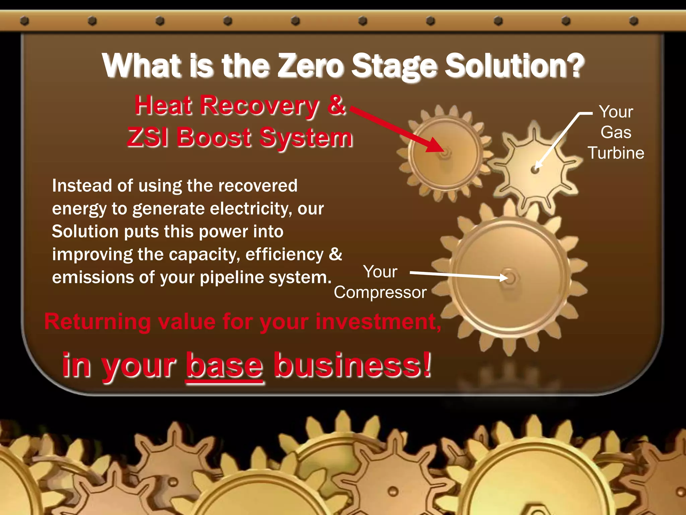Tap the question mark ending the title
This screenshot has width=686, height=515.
click(573, 66)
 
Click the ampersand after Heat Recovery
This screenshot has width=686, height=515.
click(336, 105)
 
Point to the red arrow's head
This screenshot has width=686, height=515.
click(435, 146)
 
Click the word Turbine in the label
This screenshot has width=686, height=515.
click(616, 153)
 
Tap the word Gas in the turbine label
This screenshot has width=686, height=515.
click(616, 132)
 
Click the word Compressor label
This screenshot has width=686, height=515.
click(380, 292)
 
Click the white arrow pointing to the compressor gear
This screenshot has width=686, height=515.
click(459, 275)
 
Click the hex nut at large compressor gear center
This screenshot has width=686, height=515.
click(509, 278)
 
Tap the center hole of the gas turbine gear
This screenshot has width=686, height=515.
click(535, 170)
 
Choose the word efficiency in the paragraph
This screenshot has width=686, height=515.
click(284, 255)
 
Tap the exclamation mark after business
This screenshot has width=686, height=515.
click(426, 365)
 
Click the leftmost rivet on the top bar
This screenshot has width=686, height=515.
click(24, 21)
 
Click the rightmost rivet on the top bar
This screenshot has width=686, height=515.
click(633, 21)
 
